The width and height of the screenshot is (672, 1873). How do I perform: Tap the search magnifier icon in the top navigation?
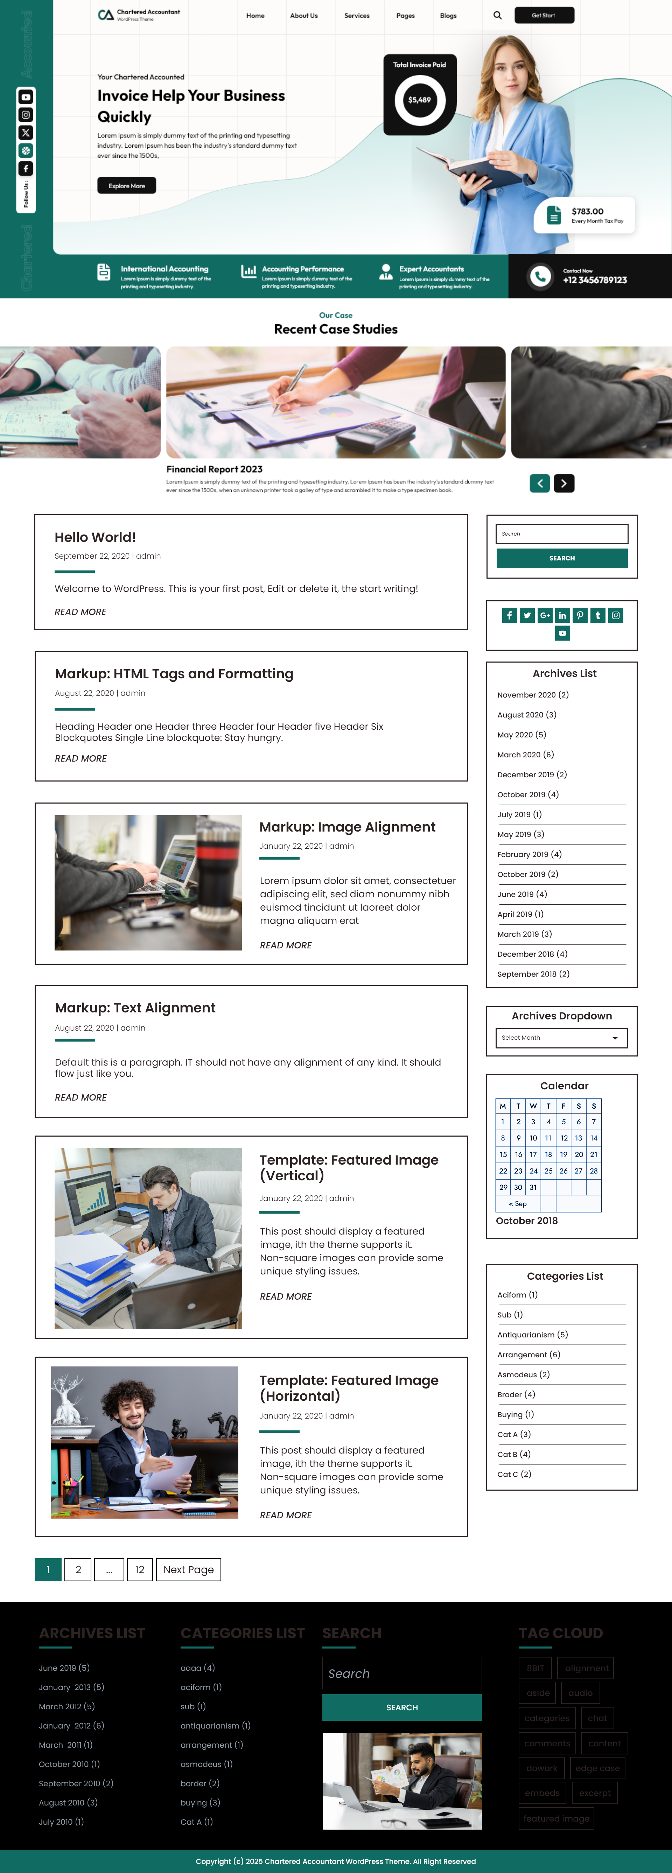click(x=497, y=15)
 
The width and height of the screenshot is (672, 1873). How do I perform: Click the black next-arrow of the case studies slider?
click(x=563, y=483)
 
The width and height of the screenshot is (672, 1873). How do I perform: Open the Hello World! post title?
click(x=95, y=537)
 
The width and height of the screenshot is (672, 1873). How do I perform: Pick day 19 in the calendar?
click(x=563, y=1155)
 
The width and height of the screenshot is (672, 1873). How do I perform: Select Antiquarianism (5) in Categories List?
click(x=532, y=1335)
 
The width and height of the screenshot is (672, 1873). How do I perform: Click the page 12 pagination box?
click(x=140, y=1570)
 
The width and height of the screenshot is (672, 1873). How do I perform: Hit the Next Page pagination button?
click(x=188, y=1570)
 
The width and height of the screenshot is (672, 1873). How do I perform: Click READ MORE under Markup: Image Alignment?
click(x=286, y=945)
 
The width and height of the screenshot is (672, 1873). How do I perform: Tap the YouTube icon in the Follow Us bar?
click(x=26, y=97)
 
